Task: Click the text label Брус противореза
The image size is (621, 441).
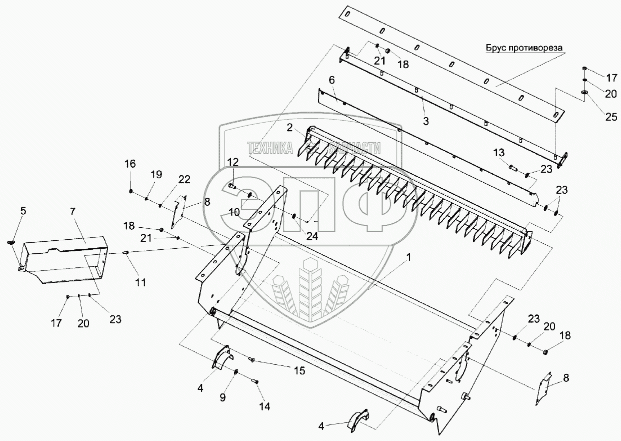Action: point(523,48)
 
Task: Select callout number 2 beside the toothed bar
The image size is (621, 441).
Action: point(289,127)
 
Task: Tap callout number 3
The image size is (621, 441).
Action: point(425,121)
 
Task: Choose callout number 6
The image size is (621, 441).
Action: point(331,80)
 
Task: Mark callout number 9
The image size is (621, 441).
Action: point(223,398)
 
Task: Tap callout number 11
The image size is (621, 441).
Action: point(140,282)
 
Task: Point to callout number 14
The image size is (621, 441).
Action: point(264,406)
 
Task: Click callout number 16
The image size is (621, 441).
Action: point(130,164)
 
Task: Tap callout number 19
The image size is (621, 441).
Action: point(156,174)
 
